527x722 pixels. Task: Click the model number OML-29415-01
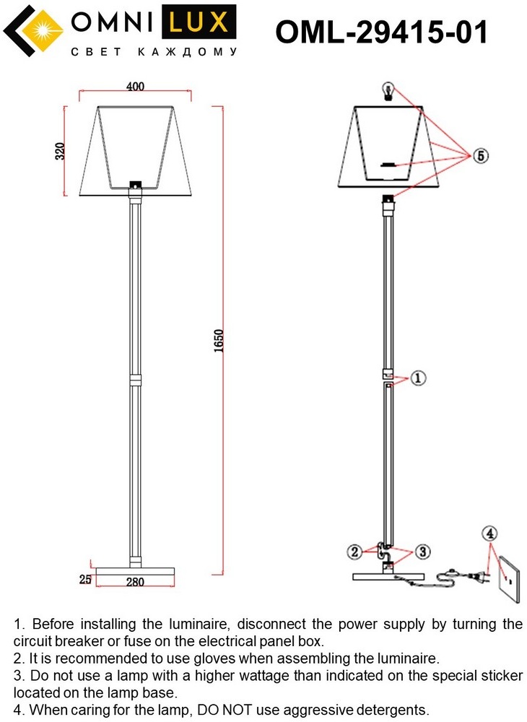381,32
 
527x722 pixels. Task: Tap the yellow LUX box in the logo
199,22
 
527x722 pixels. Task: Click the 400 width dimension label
135,86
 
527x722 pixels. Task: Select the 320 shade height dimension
61,151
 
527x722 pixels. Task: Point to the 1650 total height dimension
219,341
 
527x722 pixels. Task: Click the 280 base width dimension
135,582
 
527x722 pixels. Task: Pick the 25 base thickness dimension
85,579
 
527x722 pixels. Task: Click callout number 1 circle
417,378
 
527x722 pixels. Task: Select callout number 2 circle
355,551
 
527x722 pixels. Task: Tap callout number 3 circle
422,551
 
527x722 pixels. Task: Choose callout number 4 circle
489,534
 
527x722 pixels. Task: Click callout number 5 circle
480,156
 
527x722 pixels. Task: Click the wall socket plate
510,578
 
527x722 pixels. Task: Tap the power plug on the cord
479,576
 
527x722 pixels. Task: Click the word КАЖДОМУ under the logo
187,52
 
